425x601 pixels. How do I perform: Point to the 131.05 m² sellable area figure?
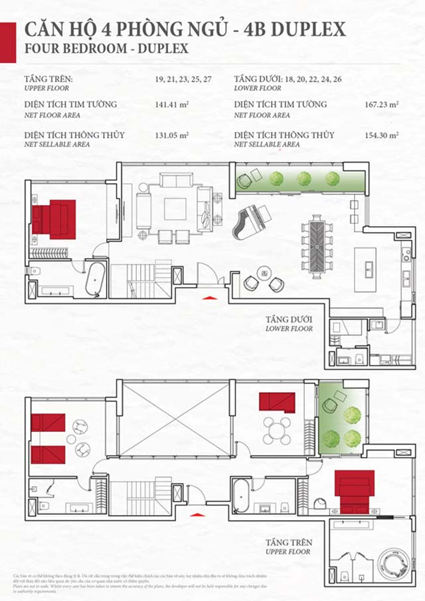(171, 135)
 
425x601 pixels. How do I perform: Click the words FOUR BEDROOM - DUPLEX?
(106, 48)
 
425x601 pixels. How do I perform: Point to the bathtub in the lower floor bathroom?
(97, 279)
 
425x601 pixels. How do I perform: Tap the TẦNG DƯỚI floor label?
(288, 319)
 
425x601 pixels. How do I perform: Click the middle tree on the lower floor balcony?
(304, 178)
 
